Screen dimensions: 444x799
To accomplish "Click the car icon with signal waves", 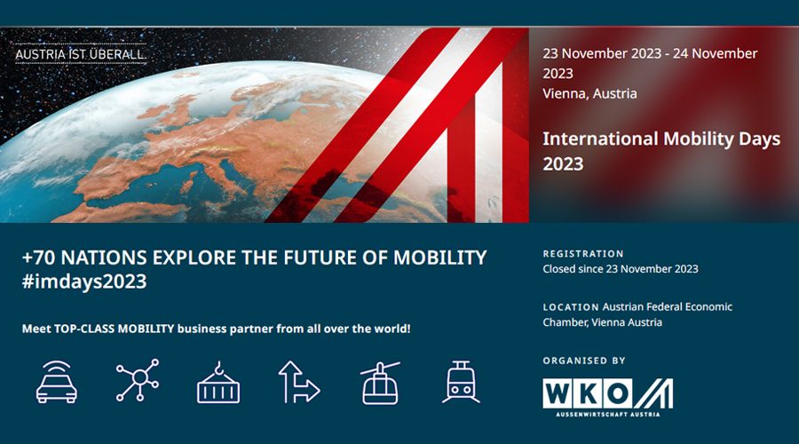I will (x=56, y=381).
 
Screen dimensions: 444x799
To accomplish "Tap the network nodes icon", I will (x=138, y=381).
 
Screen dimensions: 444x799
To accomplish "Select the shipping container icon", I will (x=218, y=382).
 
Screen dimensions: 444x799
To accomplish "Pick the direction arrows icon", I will (x=299, y=381).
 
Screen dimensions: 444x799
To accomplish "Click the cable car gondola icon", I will (x=380, y=382).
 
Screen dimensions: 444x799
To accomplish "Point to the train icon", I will (x=461, y=382).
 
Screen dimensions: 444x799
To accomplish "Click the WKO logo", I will (x=607, y=393).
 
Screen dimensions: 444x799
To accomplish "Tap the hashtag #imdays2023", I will (x=84, y=282).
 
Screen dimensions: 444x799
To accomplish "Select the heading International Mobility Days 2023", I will (x=661, y=151).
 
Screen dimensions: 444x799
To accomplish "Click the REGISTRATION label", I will (x=583, y=254).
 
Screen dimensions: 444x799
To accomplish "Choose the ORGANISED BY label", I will (x=584, y=361).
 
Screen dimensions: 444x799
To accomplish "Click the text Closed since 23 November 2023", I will (x=620, y=269).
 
